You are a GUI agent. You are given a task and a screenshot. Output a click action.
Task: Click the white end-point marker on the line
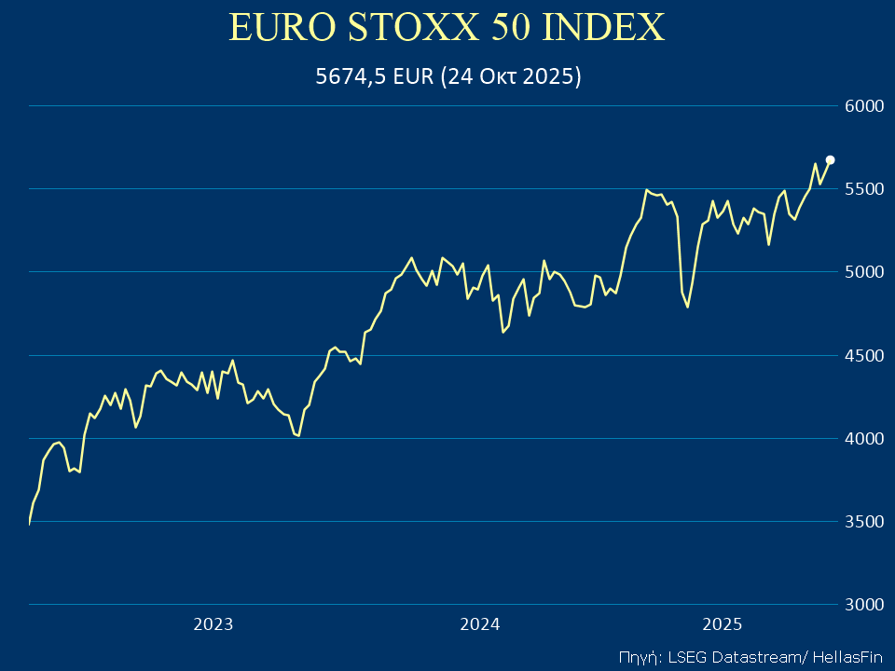(830, 159)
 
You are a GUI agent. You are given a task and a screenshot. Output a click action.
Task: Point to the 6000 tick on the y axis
(864, 106)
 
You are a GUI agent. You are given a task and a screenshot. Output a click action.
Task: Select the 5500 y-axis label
(864, 189)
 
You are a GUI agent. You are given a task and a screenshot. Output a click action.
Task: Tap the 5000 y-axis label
(864, 272)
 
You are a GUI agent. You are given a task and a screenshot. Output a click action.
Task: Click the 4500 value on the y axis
(864, 355)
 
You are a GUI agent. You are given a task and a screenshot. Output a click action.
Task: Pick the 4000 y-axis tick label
(864, 438)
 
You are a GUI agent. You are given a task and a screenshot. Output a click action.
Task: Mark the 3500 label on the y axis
(864, 521)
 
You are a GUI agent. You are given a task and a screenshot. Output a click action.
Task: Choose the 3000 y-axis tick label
(864, 604)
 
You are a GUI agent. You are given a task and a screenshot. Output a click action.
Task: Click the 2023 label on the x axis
(213, 624)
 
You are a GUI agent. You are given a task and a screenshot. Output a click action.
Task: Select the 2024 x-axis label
(480, 624)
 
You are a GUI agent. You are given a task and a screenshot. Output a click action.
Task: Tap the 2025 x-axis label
(722, 624)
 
